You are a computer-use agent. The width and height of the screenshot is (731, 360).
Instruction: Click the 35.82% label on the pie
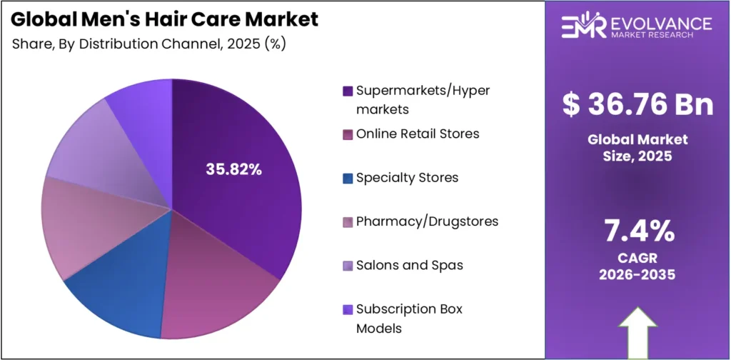pos(233,169)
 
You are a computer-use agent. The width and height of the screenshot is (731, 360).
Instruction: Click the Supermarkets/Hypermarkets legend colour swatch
pos(348,91)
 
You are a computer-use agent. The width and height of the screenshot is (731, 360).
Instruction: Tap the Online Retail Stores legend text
pos(418,134)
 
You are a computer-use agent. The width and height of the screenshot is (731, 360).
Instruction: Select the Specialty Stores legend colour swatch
pos(348,178)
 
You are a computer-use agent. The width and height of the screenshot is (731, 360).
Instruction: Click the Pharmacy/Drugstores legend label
pos(427,221)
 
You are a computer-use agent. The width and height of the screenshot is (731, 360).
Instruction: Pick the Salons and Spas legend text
pos(409,265)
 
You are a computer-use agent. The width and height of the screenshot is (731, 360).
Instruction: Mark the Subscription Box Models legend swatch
pos(348,309)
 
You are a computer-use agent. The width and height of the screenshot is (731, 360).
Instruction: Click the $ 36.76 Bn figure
pos(637,105)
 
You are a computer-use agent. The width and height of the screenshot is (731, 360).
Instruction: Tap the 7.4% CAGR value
pos(637,231)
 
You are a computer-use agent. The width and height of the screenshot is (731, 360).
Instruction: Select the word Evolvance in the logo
pos(660,23)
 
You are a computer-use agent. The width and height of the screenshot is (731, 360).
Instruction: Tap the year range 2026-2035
pos(637,274)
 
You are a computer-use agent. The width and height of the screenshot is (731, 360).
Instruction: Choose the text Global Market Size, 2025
pos(637,146)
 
